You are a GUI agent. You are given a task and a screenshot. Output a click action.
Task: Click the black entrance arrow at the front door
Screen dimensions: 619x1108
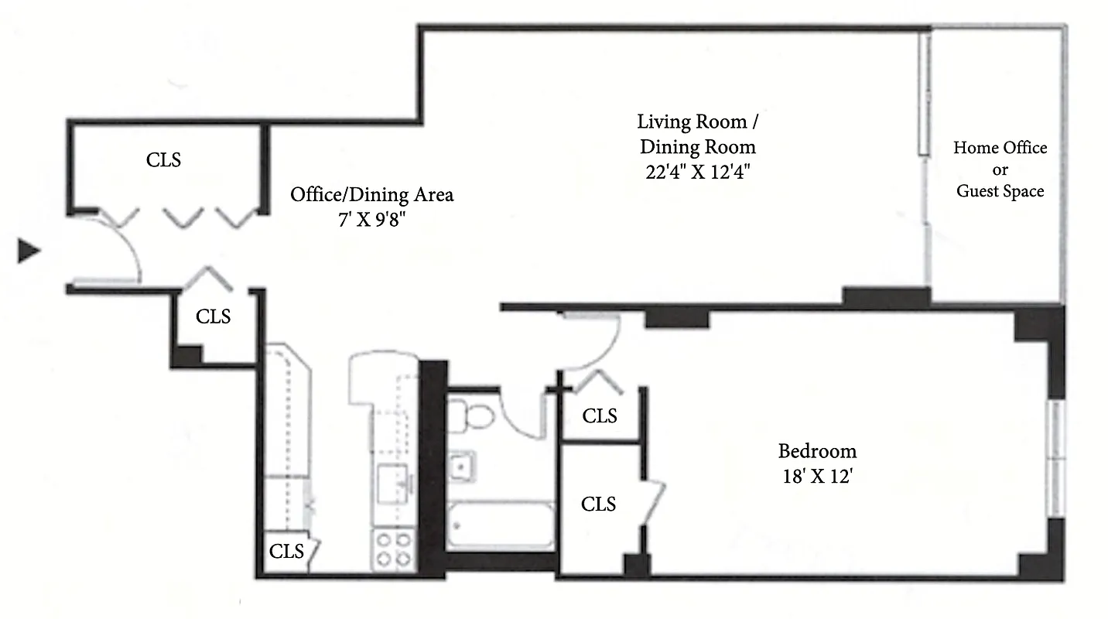29,251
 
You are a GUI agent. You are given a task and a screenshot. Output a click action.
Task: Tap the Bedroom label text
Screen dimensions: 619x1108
817,451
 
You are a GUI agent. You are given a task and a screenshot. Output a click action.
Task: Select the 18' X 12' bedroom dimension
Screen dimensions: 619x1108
817,476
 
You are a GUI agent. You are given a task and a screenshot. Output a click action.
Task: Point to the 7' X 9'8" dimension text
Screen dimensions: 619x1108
371,218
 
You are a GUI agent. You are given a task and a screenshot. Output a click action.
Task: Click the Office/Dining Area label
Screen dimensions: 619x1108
371,194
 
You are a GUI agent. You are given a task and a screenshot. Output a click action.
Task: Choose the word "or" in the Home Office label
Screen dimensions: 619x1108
1000,169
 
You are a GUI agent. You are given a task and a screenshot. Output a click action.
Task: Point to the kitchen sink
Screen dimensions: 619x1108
395,484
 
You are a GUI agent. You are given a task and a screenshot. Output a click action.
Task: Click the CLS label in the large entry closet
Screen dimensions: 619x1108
164,160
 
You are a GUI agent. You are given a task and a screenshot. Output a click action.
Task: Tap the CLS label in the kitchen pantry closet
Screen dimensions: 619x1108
286,552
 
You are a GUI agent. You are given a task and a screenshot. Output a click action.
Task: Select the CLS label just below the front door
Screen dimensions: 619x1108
213,316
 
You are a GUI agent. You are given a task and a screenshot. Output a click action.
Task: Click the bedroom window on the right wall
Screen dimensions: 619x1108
1055,458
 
